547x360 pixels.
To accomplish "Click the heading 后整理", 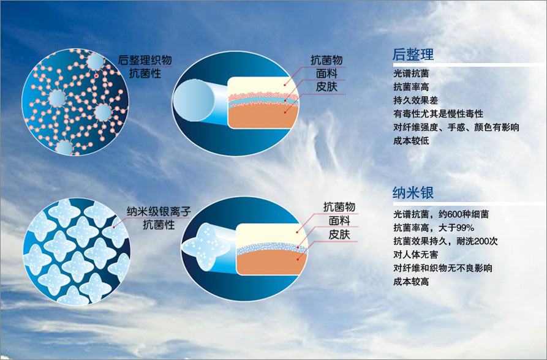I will point(413,54).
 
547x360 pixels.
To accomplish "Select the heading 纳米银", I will point(413,193).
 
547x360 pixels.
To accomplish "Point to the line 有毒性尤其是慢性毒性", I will point(438,114).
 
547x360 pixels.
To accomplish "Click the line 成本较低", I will point(412,141).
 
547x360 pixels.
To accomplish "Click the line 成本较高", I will point(412,282).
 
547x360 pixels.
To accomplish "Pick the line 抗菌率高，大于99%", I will point(433,228).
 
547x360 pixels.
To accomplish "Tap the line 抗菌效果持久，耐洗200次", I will point(445,241).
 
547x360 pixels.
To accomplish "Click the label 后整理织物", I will point(145,60).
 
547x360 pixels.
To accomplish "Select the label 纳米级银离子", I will point(159,212).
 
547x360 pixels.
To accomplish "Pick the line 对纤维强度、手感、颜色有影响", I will point(456,127).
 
